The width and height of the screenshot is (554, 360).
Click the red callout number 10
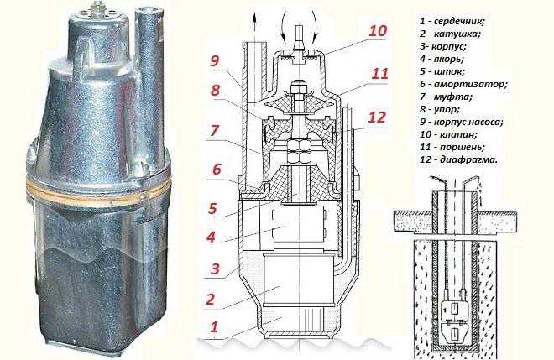tap(378, 30)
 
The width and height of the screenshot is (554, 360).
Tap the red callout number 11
tap(379, 74)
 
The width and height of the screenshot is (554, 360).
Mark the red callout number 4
tap(212, 237)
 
